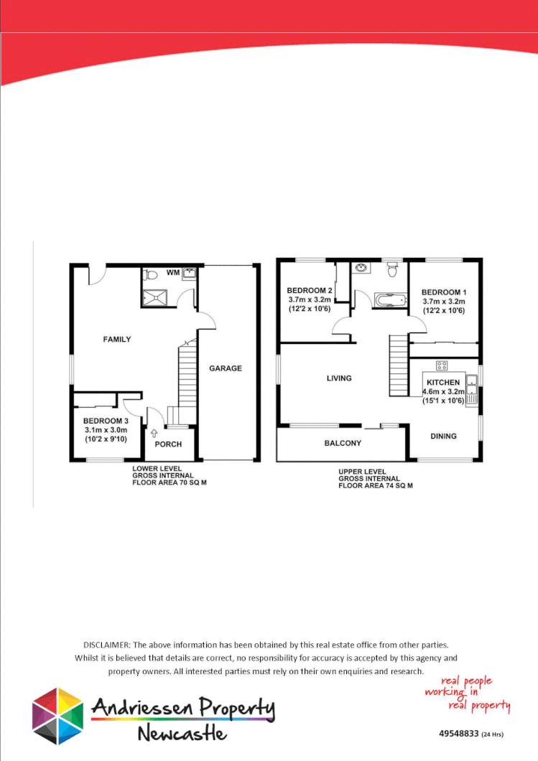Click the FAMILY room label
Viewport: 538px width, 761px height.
coord(117,339)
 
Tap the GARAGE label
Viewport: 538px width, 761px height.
coord(226,368)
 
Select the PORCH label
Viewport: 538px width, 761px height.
coord(169,444)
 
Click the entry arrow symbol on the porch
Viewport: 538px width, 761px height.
coord(154,433)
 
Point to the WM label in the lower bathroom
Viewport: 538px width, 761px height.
coord(172,273)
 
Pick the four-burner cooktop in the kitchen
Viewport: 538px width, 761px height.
coord(442,365)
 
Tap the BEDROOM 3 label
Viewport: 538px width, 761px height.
coord(106,421)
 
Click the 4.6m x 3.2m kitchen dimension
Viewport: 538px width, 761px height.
coord(442,393)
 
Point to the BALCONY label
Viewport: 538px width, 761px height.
coord(343,443)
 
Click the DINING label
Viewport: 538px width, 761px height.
coord(443,436)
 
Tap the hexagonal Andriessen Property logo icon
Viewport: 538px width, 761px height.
coord(57,716)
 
